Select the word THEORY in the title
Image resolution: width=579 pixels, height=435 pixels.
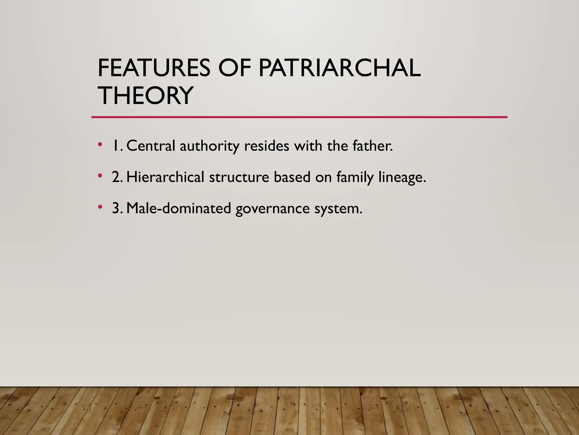tap(145, 95)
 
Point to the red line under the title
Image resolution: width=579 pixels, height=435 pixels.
tap(299, 117)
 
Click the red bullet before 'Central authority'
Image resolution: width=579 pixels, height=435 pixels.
tap(100, 145)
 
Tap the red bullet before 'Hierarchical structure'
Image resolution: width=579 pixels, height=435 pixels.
tap(100, 176)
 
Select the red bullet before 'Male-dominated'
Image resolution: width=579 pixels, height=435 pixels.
tap(100, 207)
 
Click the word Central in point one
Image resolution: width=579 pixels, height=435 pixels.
tap(151, 146)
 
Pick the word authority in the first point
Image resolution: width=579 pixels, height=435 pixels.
tap(209, 146)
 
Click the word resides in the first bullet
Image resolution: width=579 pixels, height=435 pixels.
tap(267, 146)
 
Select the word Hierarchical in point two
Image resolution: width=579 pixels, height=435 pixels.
tap(165, 177)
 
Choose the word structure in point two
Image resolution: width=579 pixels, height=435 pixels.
tap(239, 177)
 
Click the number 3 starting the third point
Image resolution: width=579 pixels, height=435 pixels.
tap(116, 208)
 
